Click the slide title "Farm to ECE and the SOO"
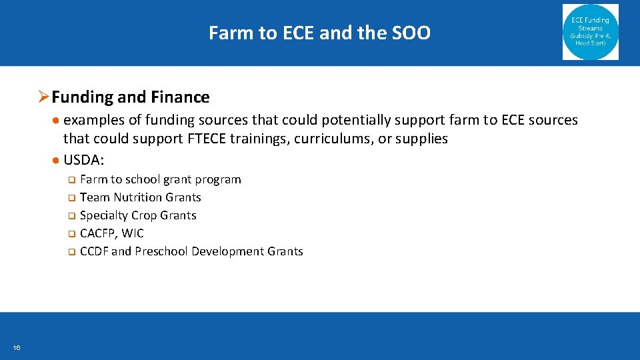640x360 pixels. tap(319, 33)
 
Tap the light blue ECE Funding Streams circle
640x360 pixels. tap(590, 32)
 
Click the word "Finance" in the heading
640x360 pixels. tap(180, 97)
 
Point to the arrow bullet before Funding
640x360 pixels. tap(43, 97)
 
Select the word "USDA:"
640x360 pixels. tap(84, 161)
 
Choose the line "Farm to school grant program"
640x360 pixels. tap(160, 179)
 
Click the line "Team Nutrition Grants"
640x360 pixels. tap(140, 197)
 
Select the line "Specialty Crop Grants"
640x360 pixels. tap(138, 215)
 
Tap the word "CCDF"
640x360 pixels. tap(94, 251)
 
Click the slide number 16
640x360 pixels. tap(16, 347)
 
